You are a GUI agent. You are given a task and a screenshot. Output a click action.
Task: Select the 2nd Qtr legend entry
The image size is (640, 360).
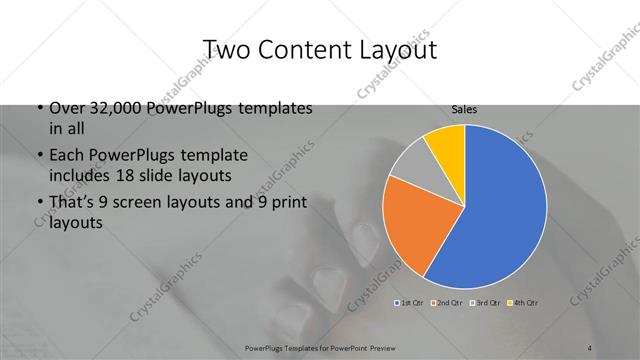(446, 301)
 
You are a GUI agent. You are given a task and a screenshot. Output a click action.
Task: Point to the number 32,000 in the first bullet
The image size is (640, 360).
(113, 108)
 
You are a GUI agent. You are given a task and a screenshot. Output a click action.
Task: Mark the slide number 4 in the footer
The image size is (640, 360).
(590, 347)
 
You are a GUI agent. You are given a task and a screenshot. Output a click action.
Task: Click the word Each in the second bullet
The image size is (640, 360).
(65, 156)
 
